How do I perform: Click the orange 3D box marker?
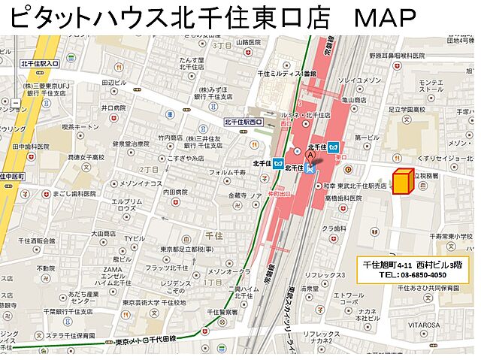point(404,181)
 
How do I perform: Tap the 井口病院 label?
point(113,107)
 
